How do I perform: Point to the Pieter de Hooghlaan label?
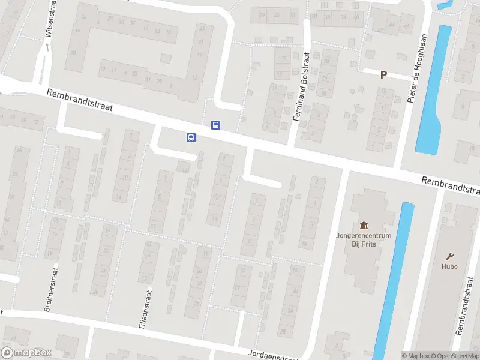(x=419, y=76)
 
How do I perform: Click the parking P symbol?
(x=383, y=74)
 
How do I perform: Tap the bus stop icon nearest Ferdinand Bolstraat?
(x=215, y=125)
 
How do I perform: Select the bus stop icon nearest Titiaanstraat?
(x=191, y=137)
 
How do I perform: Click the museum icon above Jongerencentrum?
(x=364, y=226)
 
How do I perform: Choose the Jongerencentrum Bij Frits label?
(x=364, y=240)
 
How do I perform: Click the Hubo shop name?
(x=449, y=266)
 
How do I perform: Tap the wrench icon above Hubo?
(x=449, y=256)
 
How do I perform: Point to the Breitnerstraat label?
(x=50, y=287)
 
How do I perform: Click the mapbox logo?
(x=26, y=353)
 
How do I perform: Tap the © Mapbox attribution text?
(x=416, y=355)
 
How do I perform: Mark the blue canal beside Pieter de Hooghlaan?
(x=434, y=90)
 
